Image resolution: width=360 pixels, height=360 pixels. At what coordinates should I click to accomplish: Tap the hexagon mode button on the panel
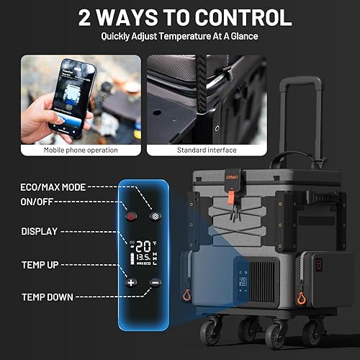coord(153,216)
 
